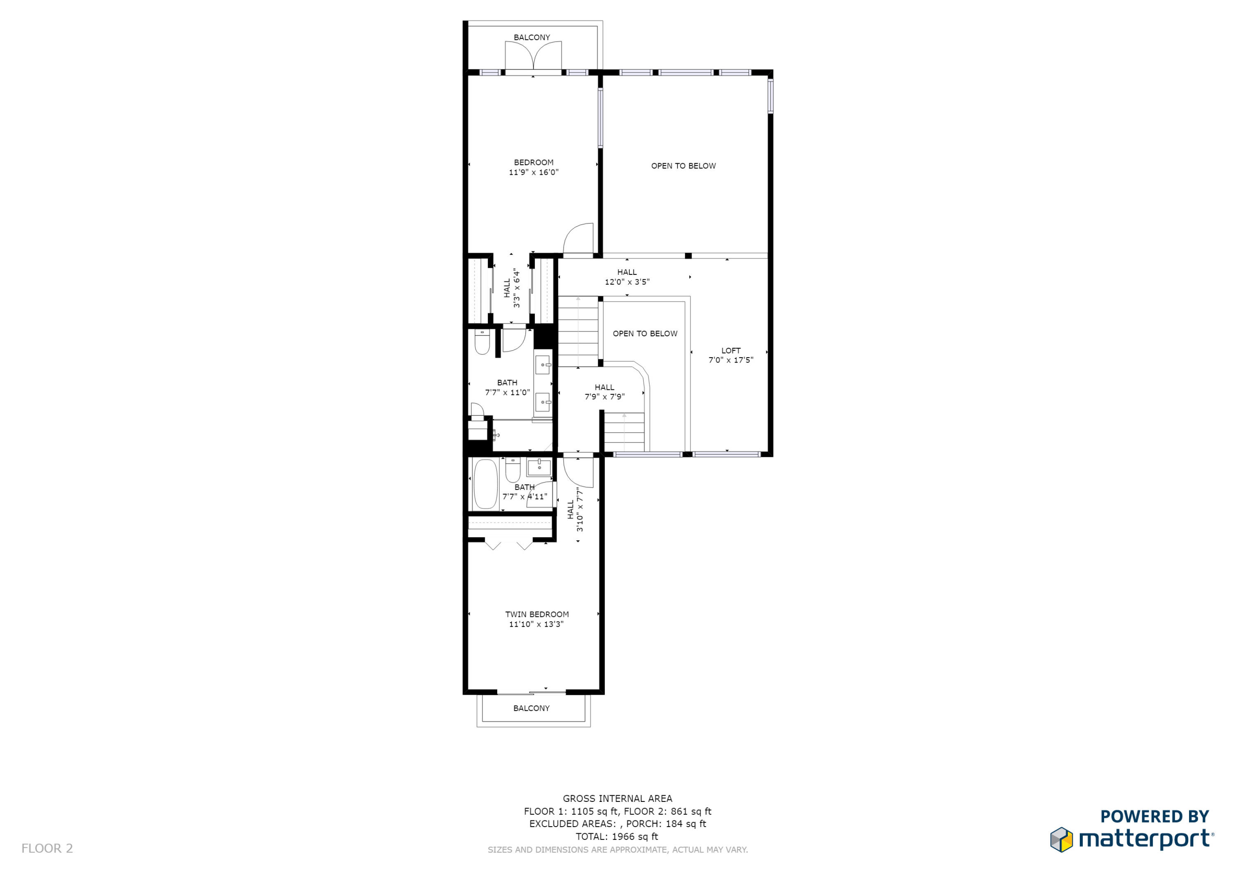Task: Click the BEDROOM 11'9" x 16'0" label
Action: tap(534, 167)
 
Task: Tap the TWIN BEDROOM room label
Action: tap(537, 619)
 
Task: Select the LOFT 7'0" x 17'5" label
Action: tap(730, 355)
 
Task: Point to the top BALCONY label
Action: tap(531, 37)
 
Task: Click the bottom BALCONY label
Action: tap(531, 708)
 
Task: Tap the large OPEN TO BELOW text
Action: tap(683, 166)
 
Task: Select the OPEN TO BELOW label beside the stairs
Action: tap(645, 333)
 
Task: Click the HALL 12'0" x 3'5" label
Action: tap(627, 277)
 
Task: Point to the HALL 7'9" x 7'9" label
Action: tap(604, 391)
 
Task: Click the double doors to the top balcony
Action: tap(533, 56)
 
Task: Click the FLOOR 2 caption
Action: tap(47, 848)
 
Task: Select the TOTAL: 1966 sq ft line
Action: tap(617, 837)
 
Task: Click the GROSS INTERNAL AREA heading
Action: tap(617, 799)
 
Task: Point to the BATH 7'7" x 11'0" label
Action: tap(507, 387)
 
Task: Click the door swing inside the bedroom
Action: tap(579, 239)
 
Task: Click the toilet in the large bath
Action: tap(482, 342)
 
